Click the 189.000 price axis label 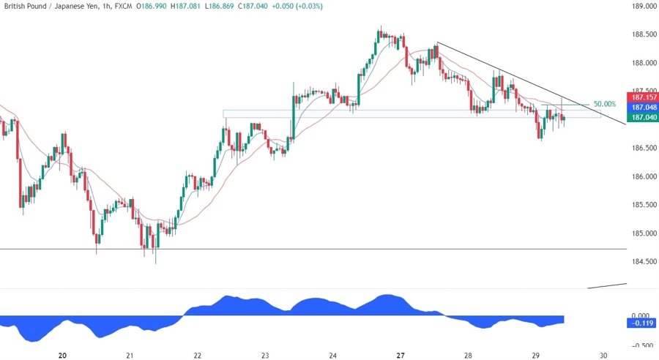click(x=641, y=7)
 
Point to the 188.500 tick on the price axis click(x=641, y=34)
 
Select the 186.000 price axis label click(x=641, y=176)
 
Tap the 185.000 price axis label click(x=641, y=233)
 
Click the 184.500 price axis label click(x=641, y=261)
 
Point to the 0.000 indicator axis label click(x=641, y=316)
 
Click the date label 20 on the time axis click(x=62, y=355)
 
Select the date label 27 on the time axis click(x=401, y=355)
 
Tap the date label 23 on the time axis click(x=265, y=355)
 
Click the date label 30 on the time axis click(x=603, y=355)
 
